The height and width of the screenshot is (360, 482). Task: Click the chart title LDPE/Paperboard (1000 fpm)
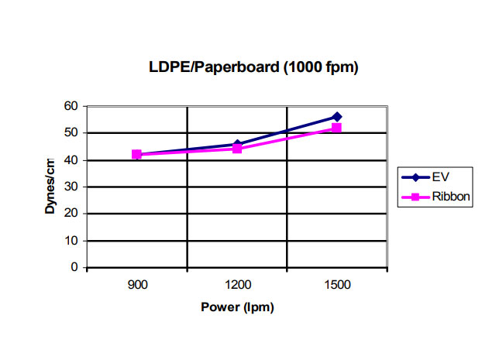pos(253,67)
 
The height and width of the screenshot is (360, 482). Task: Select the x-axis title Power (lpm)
pos(238,307)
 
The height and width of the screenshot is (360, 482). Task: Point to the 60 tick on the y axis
pos(72,106)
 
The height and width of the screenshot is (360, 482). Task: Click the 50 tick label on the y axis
pos(72,133)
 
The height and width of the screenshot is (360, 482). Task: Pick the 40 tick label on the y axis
pos(72,160)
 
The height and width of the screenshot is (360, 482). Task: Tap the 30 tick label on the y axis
pos(72,187)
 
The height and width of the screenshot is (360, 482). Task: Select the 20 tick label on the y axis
pos(72,214)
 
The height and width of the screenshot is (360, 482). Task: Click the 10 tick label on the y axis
pos(72,241)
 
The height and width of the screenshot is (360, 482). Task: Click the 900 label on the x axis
pos(137,285)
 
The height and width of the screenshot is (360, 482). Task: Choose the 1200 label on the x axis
pos(237,285)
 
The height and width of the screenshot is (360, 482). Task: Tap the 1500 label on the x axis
pos(337,285)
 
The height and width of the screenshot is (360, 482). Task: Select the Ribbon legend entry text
pos(449,197)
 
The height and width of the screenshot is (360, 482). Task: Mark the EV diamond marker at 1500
pos(336,117)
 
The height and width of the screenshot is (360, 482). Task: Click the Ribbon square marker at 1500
pos(336,128)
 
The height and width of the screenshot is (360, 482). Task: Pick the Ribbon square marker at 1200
pos(237,148)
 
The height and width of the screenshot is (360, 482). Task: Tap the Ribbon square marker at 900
pos(137,155)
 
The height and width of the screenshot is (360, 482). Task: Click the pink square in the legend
pos(415,197)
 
